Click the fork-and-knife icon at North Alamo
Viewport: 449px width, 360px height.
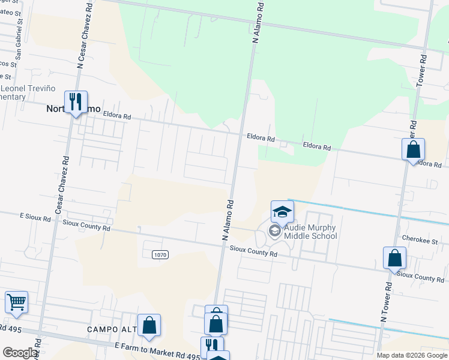click(76, 101)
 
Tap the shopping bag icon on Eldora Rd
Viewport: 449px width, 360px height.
click(414, 149)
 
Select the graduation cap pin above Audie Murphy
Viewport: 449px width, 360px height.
click(282, 211)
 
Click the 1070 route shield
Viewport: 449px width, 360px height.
click(160, 255)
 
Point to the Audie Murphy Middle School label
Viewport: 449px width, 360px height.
click(310, 231)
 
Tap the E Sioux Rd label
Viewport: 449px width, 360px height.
click(35, 217)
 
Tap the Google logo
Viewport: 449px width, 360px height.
click(20, 353)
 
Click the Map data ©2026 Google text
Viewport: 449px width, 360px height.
click(412, 355)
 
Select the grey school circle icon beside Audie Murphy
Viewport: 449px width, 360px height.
click(275, 232)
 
